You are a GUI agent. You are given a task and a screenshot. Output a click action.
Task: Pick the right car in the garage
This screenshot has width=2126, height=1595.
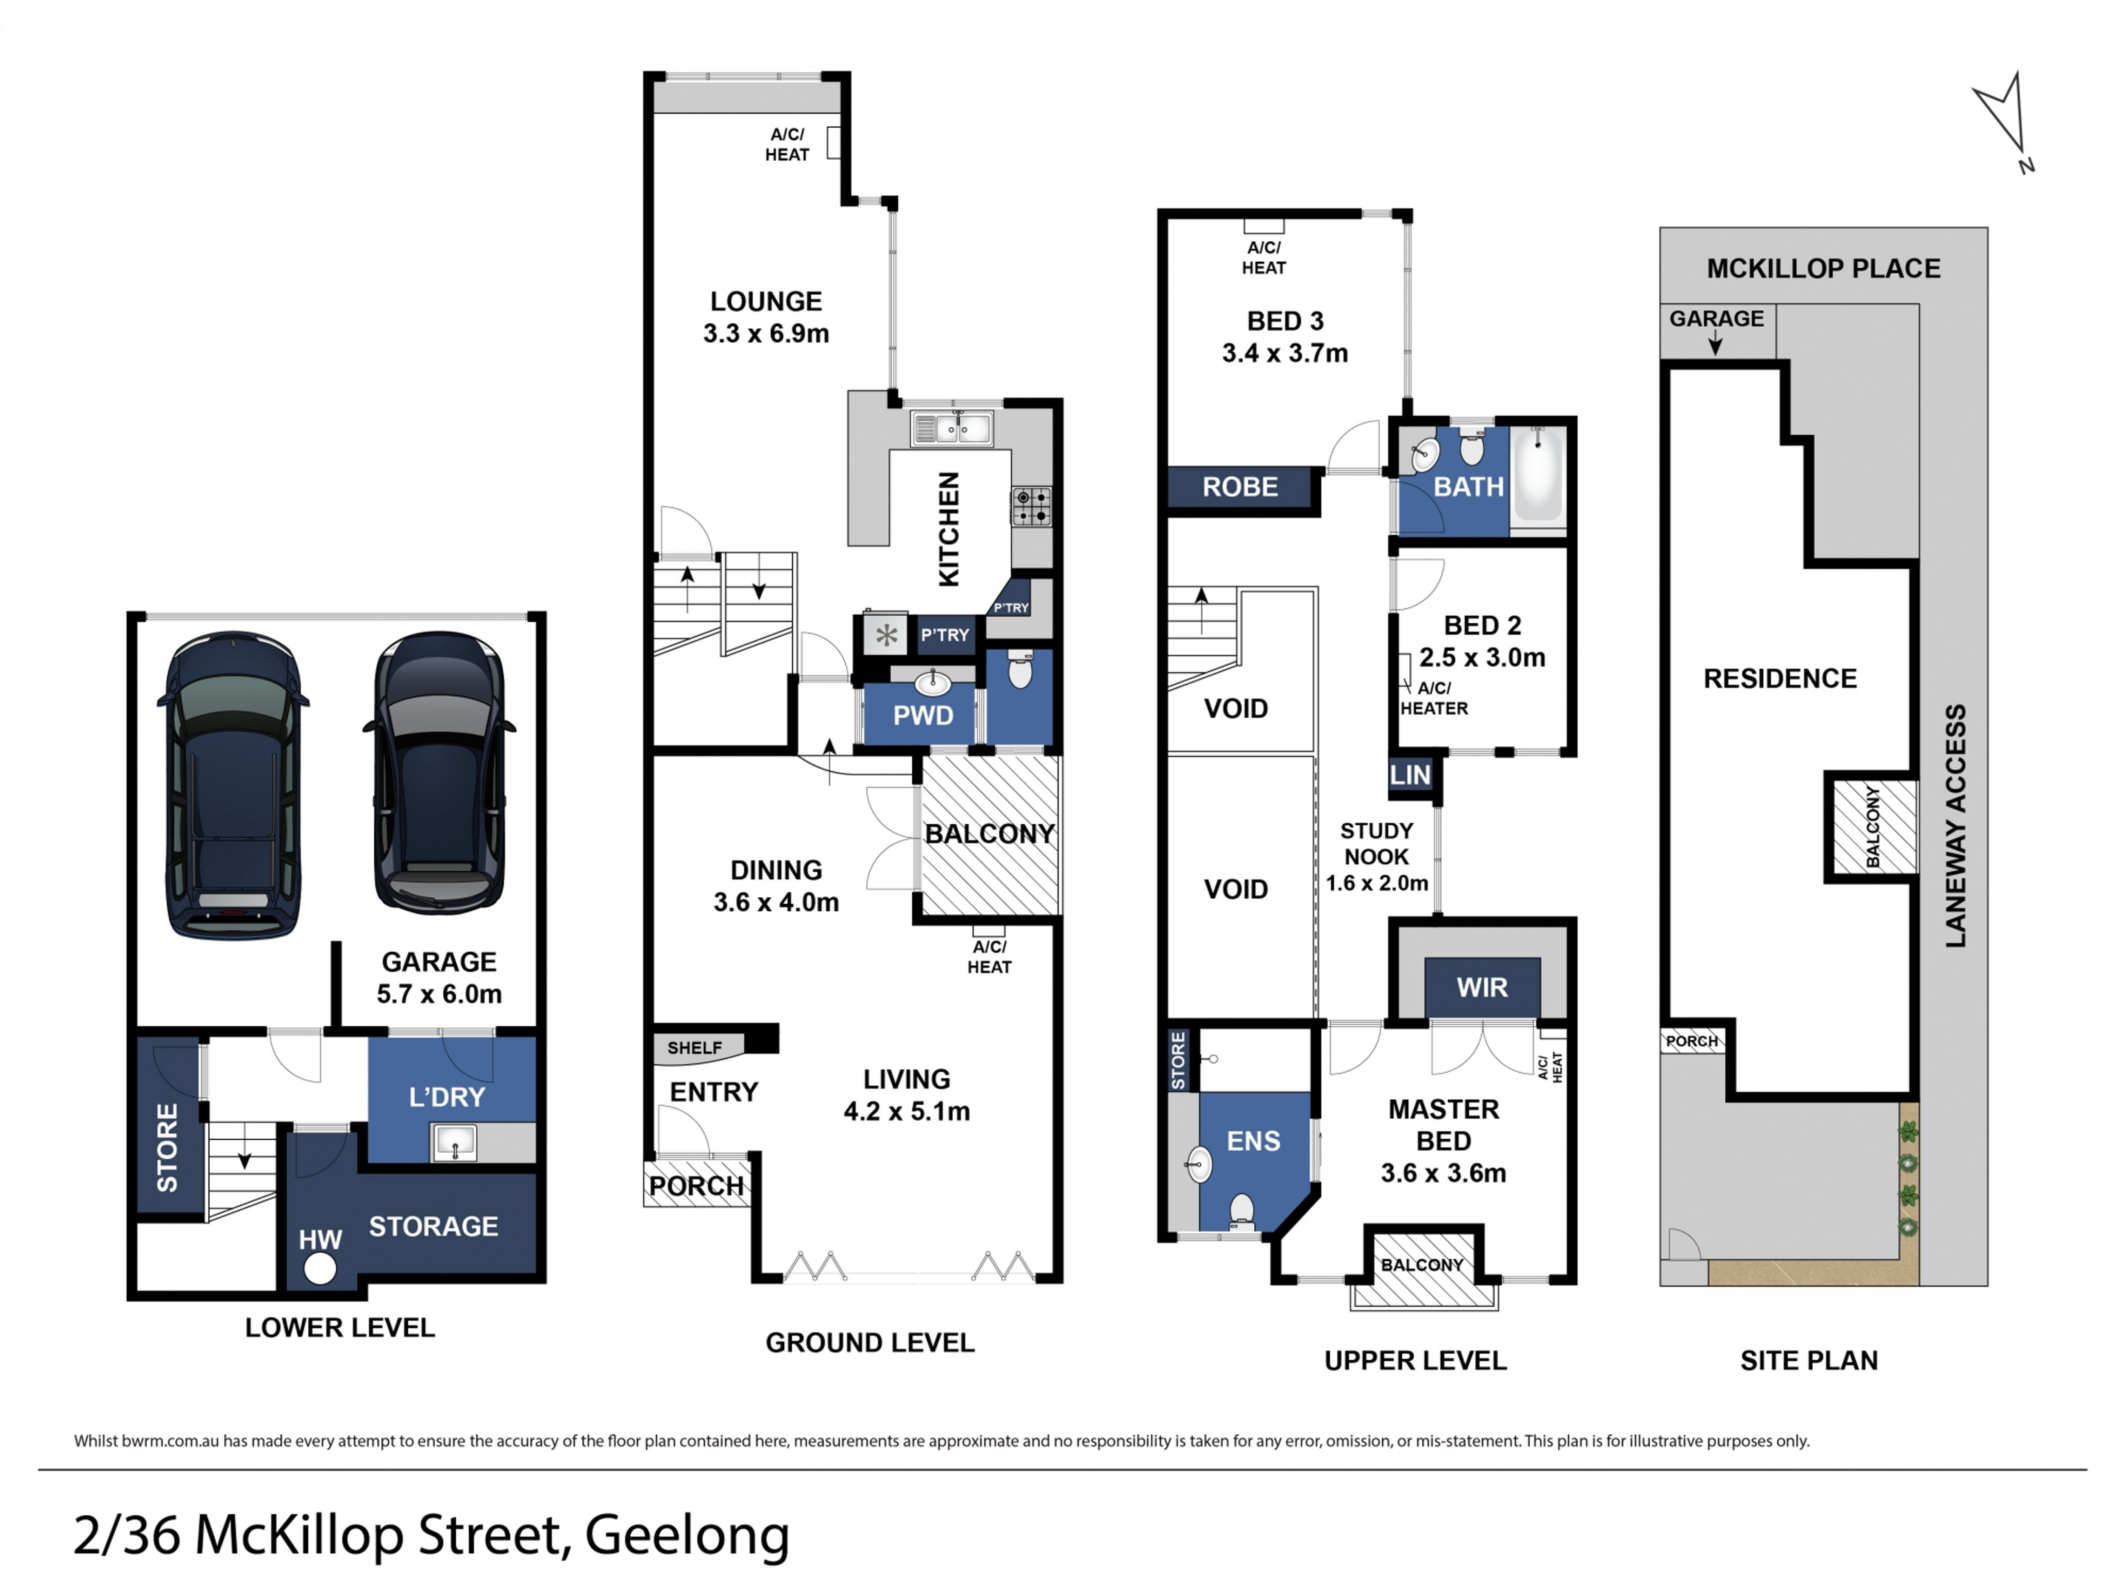(x=439, y=772)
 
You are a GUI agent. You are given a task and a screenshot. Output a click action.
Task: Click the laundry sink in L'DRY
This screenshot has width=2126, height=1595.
(x=454, y=1142)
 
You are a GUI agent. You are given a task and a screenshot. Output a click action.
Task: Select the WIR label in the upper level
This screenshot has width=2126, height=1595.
(x=1482, y=987)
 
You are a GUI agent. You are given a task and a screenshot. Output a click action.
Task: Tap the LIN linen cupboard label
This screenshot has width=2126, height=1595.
(x=1410, y=775)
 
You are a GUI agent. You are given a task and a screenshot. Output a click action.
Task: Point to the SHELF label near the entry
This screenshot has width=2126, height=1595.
(x=694, y=1048)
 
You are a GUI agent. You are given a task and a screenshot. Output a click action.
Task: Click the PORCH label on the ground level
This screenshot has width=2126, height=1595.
(x=696, y=1187)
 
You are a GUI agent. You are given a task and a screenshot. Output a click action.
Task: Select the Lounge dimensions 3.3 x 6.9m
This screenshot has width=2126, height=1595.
(x=766, y=334)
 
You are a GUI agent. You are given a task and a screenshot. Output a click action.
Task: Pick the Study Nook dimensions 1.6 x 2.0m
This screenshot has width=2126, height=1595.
(x=1376, y=882)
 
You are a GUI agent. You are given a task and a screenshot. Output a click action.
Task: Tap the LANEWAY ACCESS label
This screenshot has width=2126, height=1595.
(x=1955, y=826)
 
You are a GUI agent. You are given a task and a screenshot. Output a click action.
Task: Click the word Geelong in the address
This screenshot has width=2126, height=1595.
(x=687, y=1535)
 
